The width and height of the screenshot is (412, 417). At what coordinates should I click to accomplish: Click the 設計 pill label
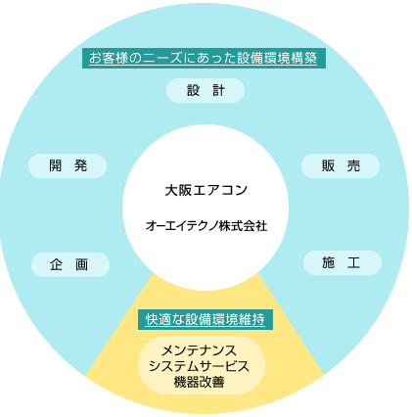click(206, 90)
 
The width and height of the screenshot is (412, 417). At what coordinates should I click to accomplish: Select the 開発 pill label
click(68, 165)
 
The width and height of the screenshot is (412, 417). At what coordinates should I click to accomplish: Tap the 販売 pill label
click(341, 165)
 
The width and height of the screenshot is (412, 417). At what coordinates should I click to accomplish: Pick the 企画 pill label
click(70, 264)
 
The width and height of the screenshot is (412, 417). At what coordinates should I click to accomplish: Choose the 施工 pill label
click(343, 262)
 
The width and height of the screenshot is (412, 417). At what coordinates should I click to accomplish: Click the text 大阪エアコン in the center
click(206, 190)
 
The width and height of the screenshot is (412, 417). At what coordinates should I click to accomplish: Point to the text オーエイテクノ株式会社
click(206, 226)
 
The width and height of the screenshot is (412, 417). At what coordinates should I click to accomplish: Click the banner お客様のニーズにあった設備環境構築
click(204, 58)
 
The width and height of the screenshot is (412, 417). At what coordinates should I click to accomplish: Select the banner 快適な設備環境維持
click(206, 319)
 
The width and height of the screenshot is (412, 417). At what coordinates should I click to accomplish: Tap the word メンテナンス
click(200, 350)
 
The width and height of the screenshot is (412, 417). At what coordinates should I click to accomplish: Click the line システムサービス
click(199, 366)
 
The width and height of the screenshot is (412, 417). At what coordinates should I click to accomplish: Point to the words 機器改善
click(200, 382)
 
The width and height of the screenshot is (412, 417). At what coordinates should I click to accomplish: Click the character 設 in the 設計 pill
click(193, 90)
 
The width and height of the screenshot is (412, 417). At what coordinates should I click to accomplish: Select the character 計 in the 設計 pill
click(218, 90)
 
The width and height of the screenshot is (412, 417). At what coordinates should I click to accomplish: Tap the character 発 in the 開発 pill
click(80, 165)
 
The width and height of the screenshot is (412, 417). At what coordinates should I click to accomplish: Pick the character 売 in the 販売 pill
click(353, 165)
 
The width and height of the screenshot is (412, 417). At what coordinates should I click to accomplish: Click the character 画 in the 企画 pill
click(81, 264)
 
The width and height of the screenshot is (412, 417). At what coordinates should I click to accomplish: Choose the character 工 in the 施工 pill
click(354, 262)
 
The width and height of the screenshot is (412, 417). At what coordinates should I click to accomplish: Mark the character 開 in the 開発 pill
click(56, 165)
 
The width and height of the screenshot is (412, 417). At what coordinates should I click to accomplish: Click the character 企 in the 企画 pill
click(57, 264)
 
